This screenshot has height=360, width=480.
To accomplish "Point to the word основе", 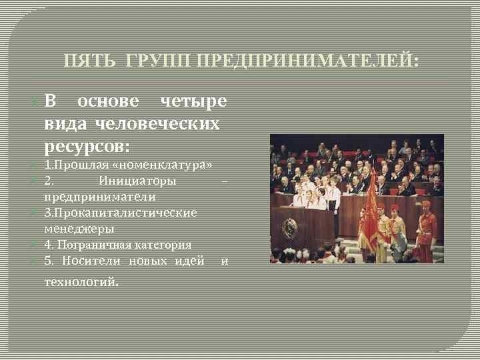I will tap(109, 101).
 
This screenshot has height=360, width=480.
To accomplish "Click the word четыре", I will tap(193, 101).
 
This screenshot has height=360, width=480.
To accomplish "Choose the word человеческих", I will tap(157, 123).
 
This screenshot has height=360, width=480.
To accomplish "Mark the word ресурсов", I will tap(87, 145).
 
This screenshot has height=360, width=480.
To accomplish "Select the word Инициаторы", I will tap(137, 181).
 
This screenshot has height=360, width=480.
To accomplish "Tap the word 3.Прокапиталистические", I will tap(121, 213).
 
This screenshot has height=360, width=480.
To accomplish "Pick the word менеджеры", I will tap(79, 229).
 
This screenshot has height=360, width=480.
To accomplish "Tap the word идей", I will tap(189, 261).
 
